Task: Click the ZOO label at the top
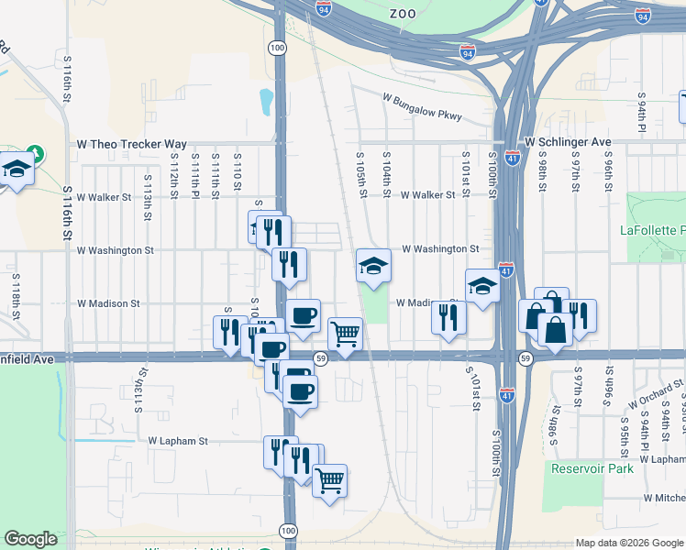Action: coord(403,14)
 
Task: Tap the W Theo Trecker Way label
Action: coord(132,145)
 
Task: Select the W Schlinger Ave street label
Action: coord(567,143)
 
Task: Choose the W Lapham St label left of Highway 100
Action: coord(178,441)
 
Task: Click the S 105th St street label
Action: coord(363,174)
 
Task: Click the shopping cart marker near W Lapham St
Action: coord(330,479)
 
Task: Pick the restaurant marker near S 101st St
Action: coord(448,317)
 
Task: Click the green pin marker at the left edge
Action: coord(34,153)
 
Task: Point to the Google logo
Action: coord(31,539)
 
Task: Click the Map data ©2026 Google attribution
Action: coord(628,543)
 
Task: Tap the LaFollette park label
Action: coord(652,229)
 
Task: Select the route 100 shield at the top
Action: coord(277,46)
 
